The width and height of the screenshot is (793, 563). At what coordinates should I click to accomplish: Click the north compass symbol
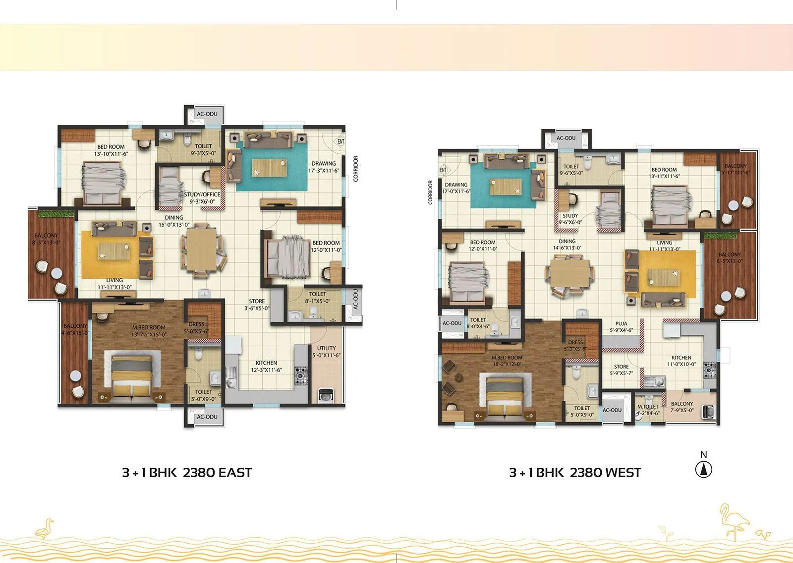tap(703, 469)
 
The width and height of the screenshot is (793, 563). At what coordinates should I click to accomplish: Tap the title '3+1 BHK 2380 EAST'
tap(187, 473)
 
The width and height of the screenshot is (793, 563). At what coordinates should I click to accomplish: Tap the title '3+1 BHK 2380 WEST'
tap(575, 473)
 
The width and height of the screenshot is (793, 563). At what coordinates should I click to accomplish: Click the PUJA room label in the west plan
tap(621, 324)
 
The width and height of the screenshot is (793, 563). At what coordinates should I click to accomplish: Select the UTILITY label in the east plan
tap(326, 348)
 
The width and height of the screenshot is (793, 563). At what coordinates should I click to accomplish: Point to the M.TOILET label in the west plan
tap(648, 407)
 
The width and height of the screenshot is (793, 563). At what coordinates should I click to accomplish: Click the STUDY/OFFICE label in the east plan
tap(202, 194)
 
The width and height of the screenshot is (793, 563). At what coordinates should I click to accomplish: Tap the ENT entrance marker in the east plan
tap(341, 141)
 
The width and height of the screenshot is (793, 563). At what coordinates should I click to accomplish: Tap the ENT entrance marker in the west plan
tap(443, 170)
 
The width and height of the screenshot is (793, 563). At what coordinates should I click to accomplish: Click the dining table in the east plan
tap(202, 248)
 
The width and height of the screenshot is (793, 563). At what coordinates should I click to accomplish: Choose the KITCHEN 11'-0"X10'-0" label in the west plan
tap(681, 361)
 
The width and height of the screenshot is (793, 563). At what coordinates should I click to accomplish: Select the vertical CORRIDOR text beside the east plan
tap(355, 169)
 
